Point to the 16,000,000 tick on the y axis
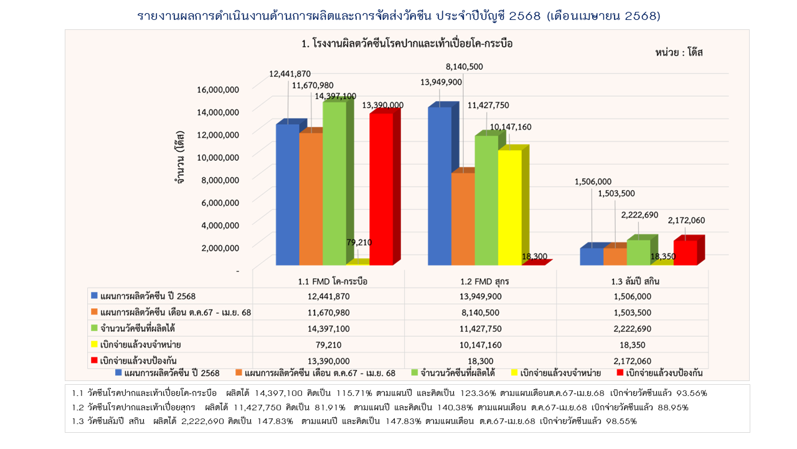pyautogui.click(x=218, y=89)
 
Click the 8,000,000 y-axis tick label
pyautogui.click(x=218, y=180)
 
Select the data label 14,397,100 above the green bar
pyautogui.click(x=336, y=95)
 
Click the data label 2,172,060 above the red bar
pyautogui.click(x=686, y=220)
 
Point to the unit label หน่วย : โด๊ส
pyautogui.click(x=679, y=52)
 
